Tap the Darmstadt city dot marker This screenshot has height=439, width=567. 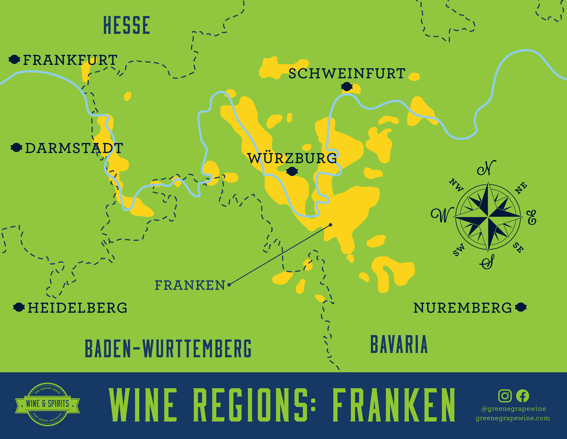(x=16, y=148)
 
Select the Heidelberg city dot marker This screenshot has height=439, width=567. (x=19, y=307)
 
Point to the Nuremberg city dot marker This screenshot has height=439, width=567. (x=521, y=307)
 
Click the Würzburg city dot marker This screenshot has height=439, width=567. (x=292, y=171)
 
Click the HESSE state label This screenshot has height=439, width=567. (x=127, y=25)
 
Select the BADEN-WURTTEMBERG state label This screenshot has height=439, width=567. (x=168, y=348)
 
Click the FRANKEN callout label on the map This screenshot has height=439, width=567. (x=190, y=285)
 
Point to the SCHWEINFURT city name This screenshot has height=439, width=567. (x=347, y=74)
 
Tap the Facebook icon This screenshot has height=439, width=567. (x=522, y=396)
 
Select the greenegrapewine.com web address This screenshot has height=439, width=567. (x=513, y=418)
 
